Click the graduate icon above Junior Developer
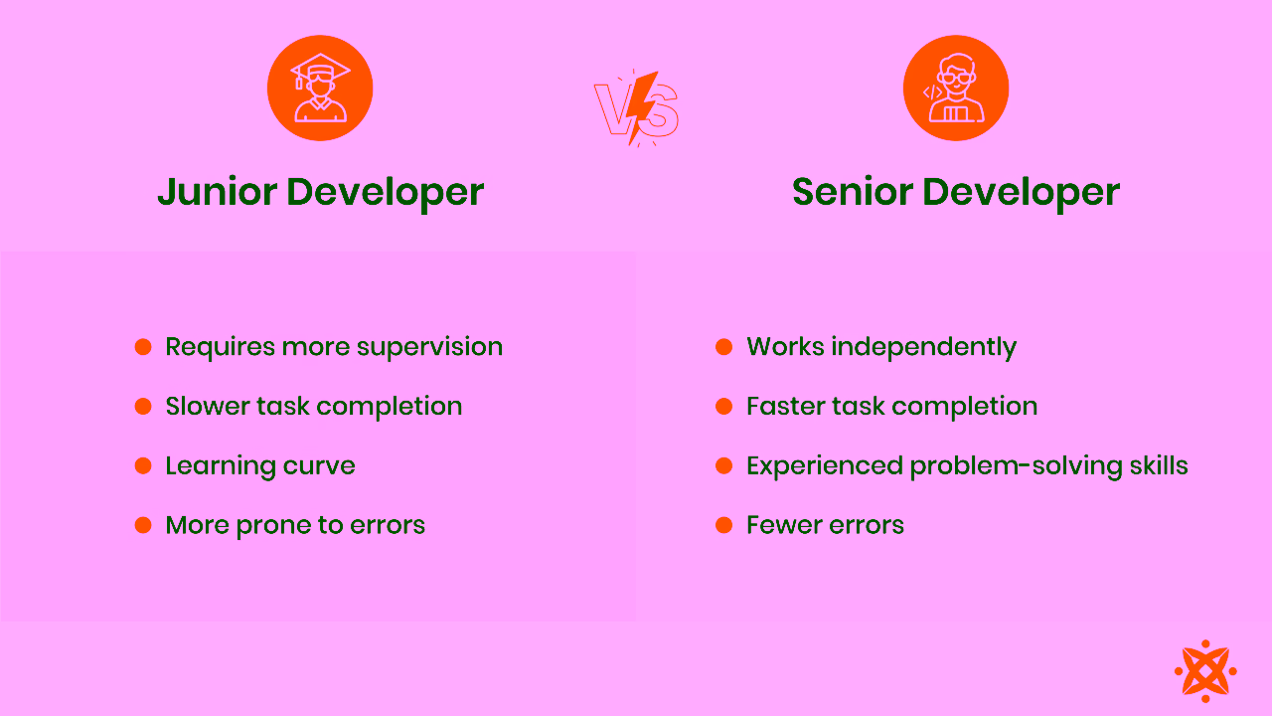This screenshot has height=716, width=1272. coord(320,89)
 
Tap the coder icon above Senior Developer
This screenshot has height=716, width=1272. coord(955,89)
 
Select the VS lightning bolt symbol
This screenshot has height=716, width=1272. coord(637,107)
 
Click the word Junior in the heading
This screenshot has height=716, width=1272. coord(217,192)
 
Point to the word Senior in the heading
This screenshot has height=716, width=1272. coord(852,192)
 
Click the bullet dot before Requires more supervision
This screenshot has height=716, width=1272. coord(143,347)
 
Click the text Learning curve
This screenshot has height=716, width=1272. coord(259,466)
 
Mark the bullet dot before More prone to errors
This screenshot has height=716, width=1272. coord(143,525)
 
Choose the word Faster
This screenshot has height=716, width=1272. coord(790,407)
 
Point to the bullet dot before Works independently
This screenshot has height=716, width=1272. coord(724,347)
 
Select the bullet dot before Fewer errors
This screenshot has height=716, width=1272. coord(724,525)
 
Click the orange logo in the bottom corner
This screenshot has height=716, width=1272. coord(1204,671)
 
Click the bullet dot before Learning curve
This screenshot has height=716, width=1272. coord(143,465)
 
